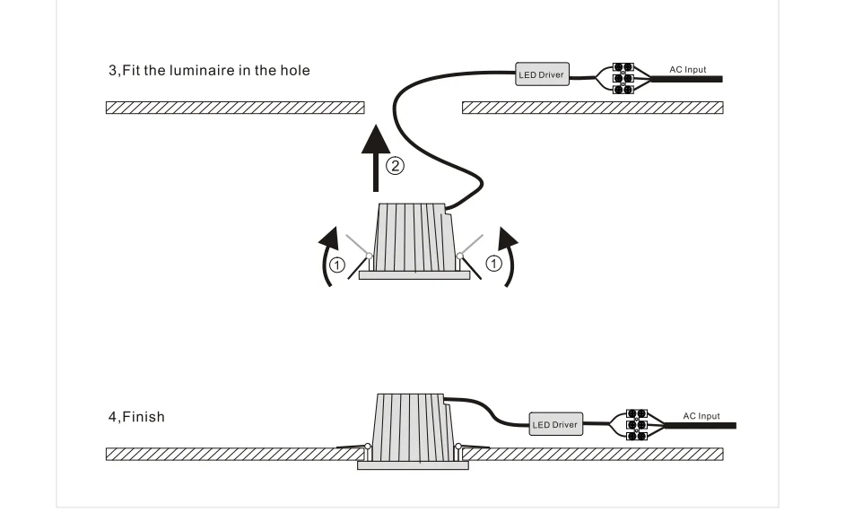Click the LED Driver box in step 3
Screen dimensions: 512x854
[x=542, y=74]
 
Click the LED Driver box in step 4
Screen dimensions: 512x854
[x=555, y=423]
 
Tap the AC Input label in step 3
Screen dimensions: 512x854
[x=688, y=69]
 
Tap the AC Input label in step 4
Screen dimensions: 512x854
[x=701, y=416]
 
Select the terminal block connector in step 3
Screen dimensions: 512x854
[x=623, y=78]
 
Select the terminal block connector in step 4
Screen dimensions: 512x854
[x=637, y=425]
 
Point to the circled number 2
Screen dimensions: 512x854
[x=396, y=165]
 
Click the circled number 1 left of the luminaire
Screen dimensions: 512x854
[x=335, y=264]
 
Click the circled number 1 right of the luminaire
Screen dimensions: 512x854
[x=492, y=264]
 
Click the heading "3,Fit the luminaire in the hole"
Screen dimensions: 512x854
[x=209, y=70]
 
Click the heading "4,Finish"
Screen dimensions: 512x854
[x=136, y=417]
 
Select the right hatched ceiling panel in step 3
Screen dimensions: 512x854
[x=592, y=108]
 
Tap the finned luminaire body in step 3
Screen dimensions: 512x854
[x=413, y=238]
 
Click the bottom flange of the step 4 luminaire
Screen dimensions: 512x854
[x=413, y=465]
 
